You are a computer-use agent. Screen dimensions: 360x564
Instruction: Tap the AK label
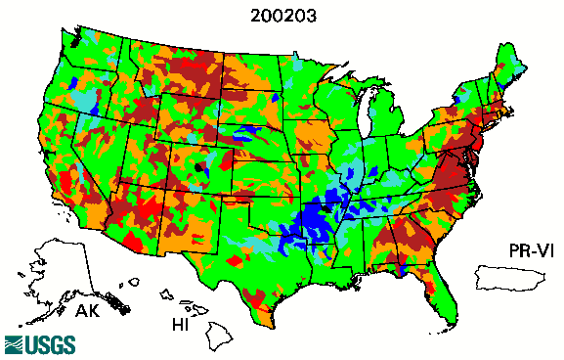click(x=88, y=312)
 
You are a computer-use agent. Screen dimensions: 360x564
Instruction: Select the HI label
click(x=181, y=323)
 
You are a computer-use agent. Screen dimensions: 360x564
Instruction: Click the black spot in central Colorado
click(x=201, y=167)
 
